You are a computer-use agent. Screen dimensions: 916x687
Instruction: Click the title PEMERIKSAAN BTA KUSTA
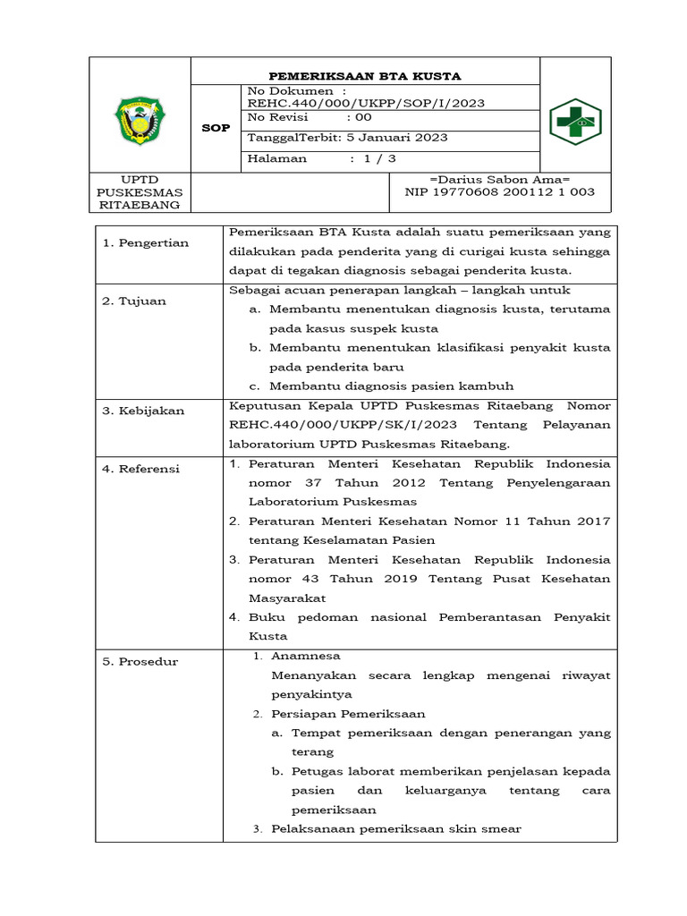[365, 76]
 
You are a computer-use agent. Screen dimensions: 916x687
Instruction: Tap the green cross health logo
[574, 121]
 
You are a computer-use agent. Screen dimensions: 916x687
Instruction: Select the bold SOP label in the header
[216, 128]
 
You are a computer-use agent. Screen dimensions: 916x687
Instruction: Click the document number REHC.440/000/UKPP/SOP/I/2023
[366, 103]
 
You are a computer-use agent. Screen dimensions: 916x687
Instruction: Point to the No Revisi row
[309, 118]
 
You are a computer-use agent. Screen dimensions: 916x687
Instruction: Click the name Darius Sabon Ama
[499, 180]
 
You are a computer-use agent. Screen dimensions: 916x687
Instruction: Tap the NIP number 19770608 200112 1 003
[499, 191]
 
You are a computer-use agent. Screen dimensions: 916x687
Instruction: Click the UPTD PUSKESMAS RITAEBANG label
[139, 192]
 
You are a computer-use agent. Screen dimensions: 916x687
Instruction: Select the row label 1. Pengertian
[145, 243]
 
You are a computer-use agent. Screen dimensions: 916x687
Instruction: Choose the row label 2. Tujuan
[134, 301]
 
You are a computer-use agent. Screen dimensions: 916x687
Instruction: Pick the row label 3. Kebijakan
[143, 411]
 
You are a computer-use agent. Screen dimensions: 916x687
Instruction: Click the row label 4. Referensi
[141, 469]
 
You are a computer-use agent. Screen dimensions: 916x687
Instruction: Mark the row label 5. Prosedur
[140, 662]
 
